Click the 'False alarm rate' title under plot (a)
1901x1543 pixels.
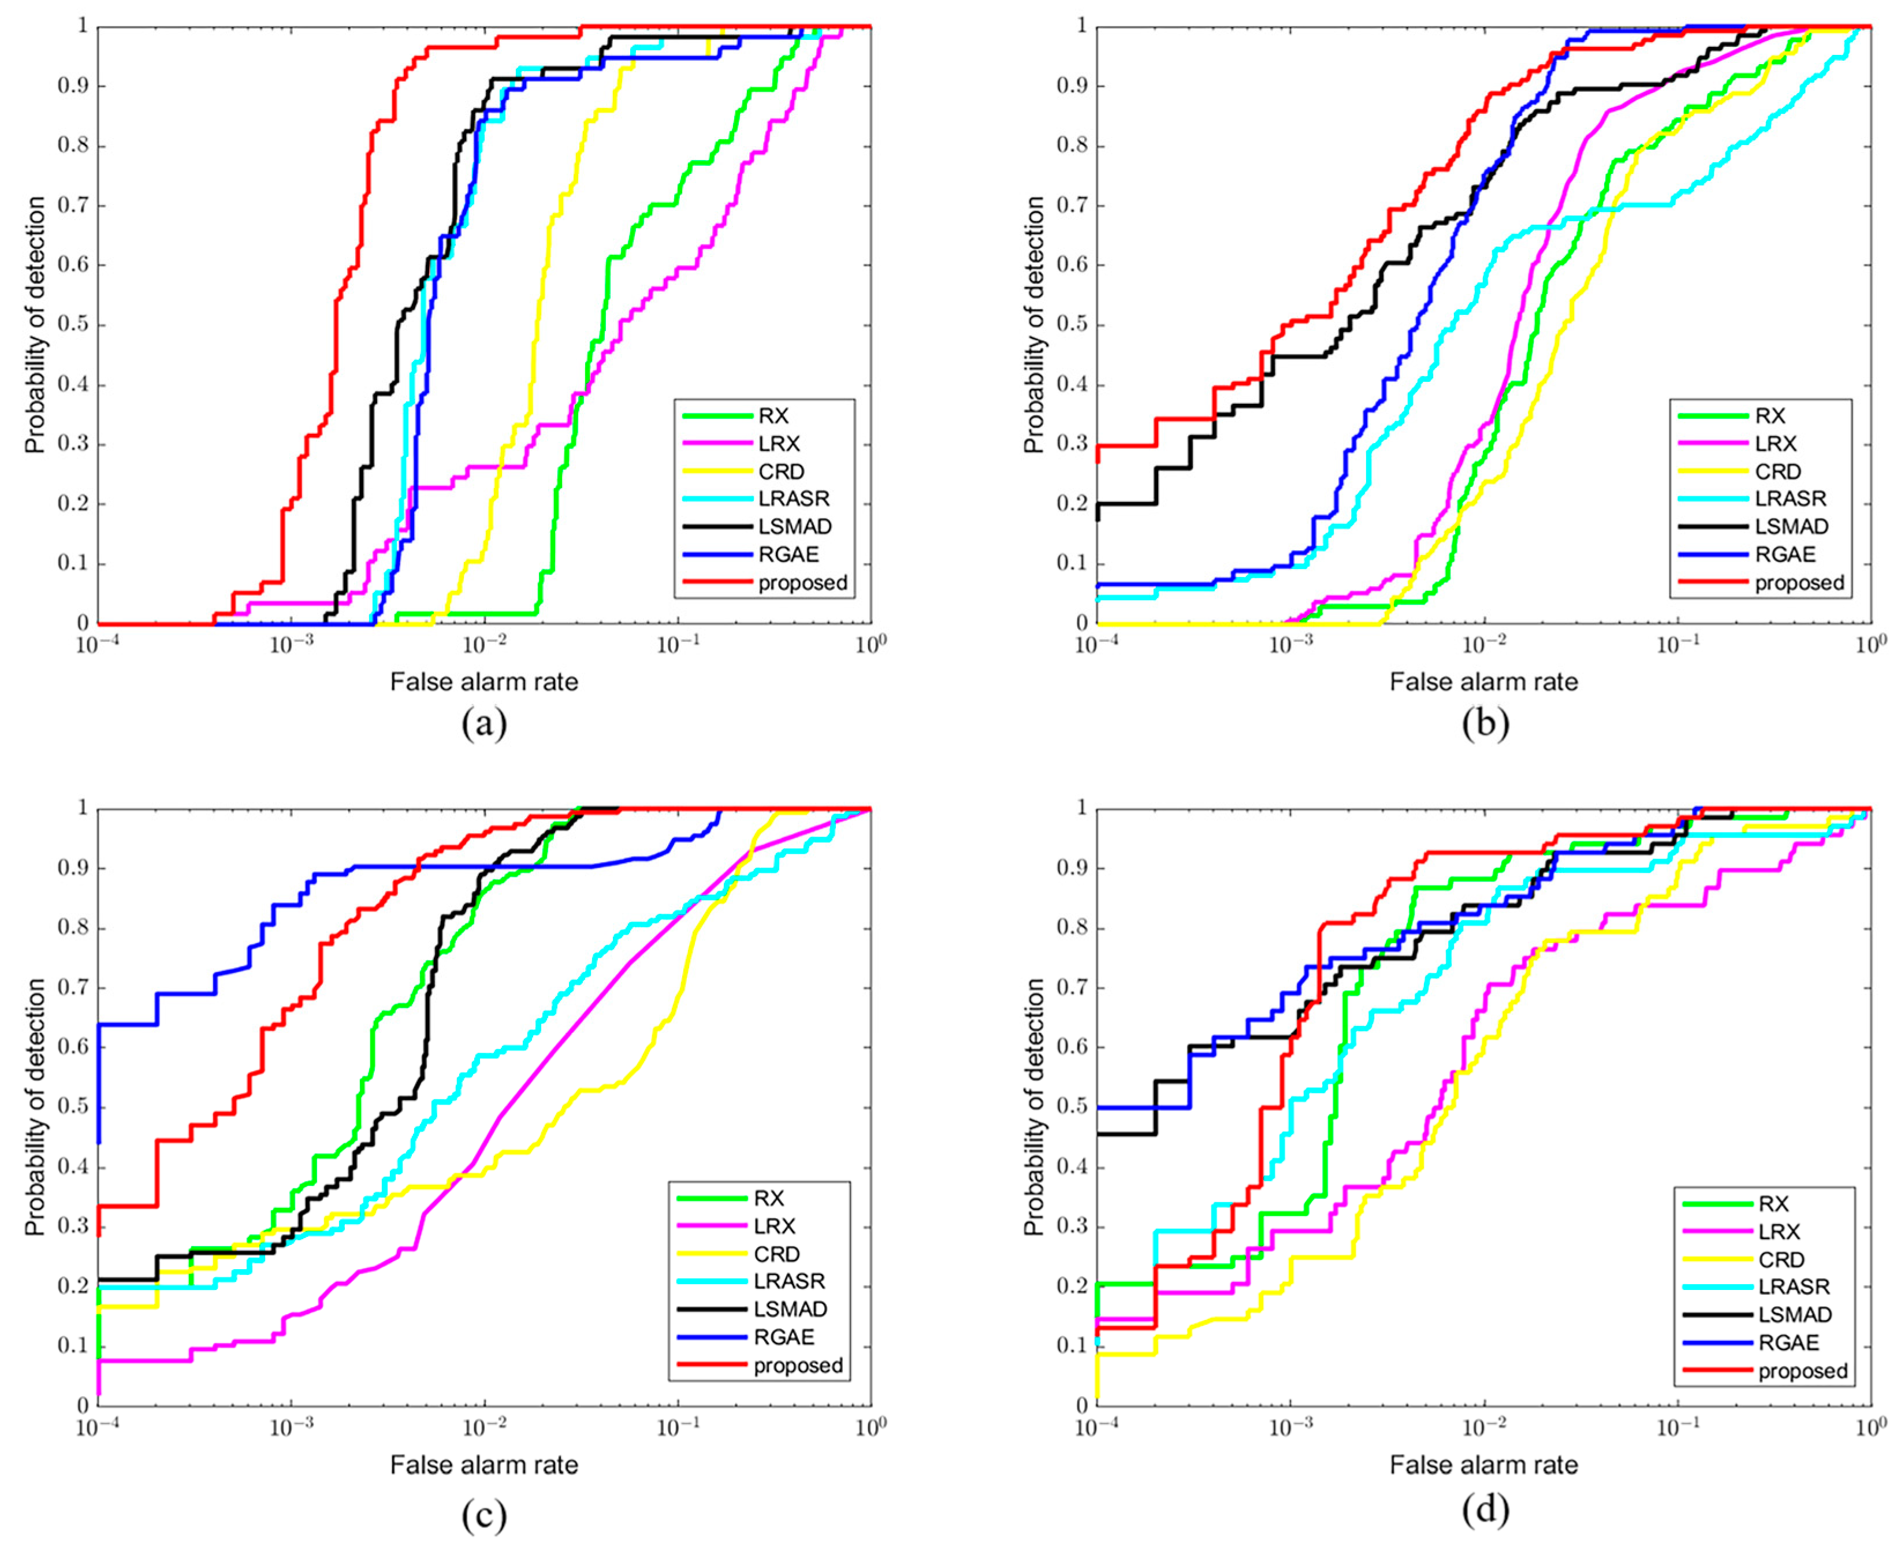tap(485, 682)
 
